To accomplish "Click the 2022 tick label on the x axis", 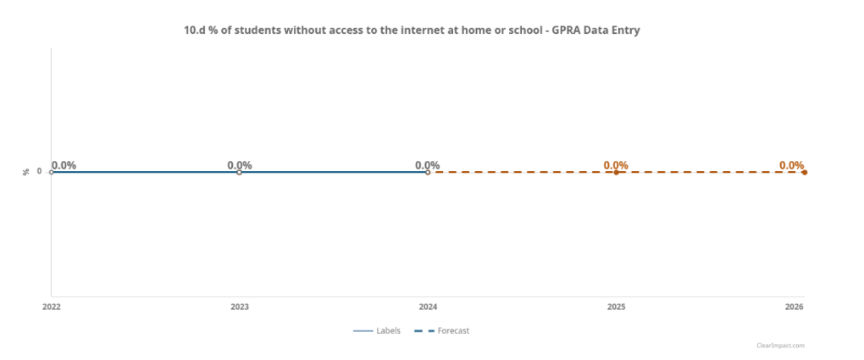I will pos(52,307).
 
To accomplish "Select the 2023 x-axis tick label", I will pos(240,307).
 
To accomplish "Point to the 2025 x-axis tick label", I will pos(616,307).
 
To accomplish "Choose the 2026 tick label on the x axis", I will pos(794,307).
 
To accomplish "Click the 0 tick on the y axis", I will pos(39,172).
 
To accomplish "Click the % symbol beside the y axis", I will pos(25,172).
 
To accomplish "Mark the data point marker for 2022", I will pos(51,172).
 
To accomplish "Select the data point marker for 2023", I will pos(239,172).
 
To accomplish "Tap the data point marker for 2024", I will pos(428,172).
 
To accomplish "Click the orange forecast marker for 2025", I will pos(616,172).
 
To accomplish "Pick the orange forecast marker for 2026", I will pos(804,172).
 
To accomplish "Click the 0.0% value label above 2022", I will pos(64,165).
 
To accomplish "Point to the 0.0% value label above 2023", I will pos(240,165).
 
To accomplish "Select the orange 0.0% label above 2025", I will pos(616,165).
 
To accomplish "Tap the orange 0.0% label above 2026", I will pos(791,165).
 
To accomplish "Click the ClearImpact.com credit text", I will pos(781,346).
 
